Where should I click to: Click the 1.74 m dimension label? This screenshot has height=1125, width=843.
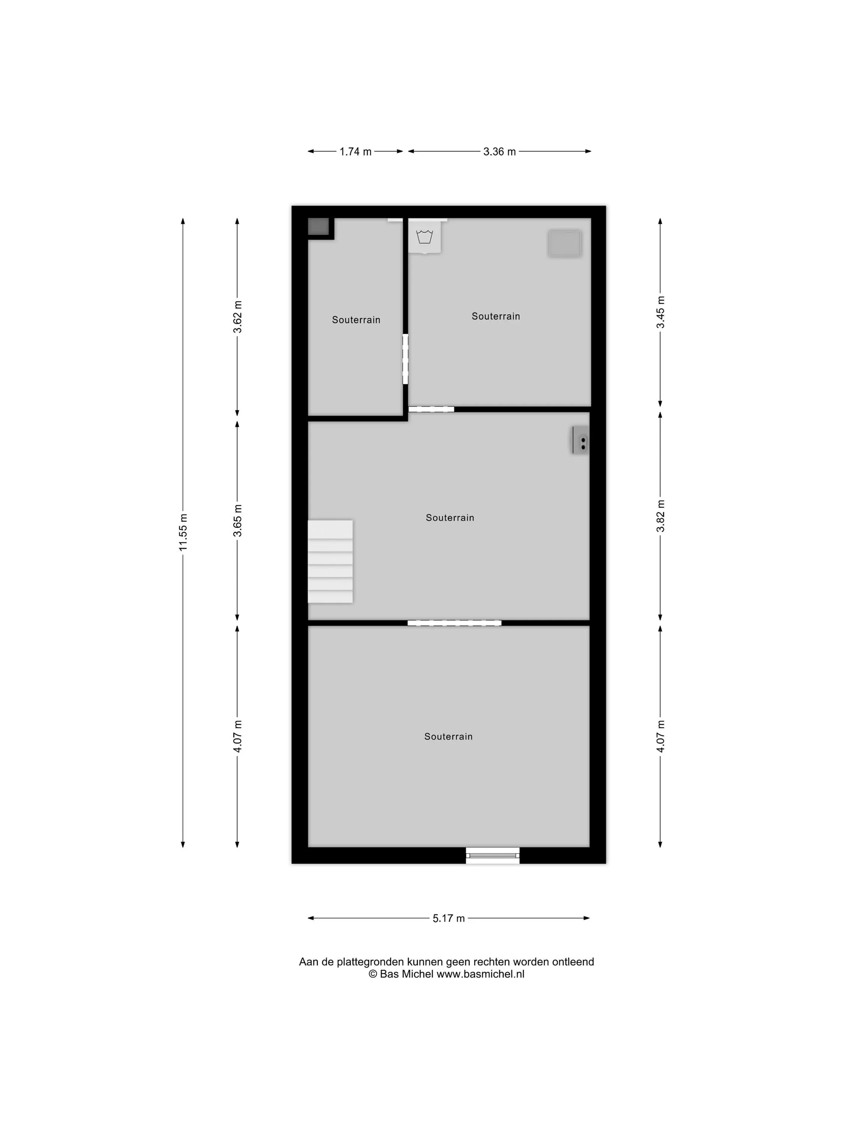(355, 151)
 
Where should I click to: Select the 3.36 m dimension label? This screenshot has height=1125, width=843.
(499, 151)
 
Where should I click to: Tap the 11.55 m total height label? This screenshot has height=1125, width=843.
(183, 532)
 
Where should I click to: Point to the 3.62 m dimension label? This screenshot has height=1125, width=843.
(237, 317)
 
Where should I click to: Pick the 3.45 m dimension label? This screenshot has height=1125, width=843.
(660, 312)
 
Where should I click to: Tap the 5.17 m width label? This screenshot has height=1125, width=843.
(449, 918)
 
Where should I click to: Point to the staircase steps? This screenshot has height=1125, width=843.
(330, 561)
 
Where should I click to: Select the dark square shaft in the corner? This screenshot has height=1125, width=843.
(318, 226)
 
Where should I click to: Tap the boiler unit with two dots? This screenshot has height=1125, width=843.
(580, 440)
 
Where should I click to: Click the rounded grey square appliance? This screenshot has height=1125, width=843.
(565, 243)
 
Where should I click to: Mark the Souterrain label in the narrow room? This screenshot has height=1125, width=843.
(356, 320)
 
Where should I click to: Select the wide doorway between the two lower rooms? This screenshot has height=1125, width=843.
(454, 623)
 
